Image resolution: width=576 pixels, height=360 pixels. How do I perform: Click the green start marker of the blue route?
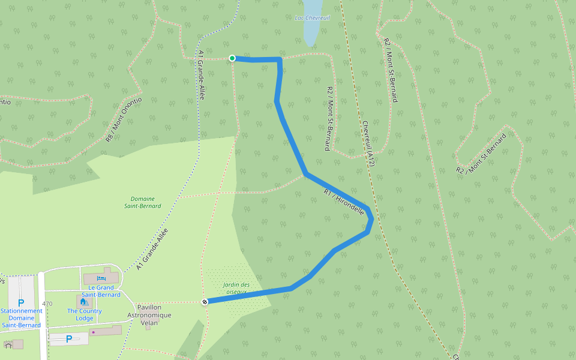click(232, 58)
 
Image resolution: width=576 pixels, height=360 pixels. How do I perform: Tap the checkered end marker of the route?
click(205, 301)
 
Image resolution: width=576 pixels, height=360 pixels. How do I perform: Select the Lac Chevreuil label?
click(313, 17)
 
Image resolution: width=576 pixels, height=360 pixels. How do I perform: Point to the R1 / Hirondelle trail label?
click(343, 202)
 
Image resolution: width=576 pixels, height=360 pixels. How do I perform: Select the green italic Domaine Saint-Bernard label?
click(142, 202)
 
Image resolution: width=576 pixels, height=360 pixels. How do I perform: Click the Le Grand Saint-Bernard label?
click(101, 291)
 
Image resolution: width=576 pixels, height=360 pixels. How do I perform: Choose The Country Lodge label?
click(84, 314)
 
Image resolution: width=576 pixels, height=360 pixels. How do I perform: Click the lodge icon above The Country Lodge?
click(83, 302)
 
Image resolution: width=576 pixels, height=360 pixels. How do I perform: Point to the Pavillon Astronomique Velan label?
click(149, 315)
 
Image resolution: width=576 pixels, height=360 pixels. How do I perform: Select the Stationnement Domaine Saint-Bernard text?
click(22, 318)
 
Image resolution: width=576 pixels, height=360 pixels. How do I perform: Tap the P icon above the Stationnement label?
click(21, 303)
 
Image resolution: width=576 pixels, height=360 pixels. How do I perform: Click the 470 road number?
click(47, 304)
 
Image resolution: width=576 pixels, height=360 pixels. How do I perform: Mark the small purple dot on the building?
click(93, 331)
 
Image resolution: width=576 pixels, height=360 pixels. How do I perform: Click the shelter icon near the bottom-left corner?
click(8, 344)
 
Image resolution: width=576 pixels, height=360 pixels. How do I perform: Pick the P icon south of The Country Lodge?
click(68, 339)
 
